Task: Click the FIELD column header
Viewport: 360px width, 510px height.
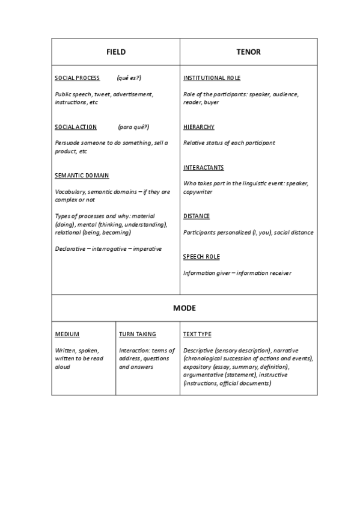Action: (116, 52)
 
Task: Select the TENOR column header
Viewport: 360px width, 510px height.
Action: (248, 52)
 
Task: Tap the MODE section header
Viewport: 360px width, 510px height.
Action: (185, 308)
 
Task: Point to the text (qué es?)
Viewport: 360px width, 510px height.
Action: (129, 78)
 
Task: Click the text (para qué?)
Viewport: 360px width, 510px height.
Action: (133, 127)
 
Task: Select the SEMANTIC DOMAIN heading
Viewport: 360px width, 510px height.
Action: (82, 176)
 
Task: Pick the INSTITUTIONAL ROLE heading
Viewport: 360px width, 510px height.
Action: (212, 78)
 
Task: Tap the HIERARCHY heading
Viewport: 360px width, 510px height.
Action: (198, 127)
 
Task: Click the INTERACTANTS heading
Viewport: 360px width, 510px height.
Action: (203, 167)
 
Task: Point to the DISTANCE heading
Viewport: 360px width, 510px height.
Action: (196, 216)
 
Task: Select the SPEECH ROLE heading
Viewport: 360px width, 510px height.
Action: (201, 257)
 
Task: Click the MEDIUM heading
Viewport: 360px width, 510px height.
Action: (67, 334)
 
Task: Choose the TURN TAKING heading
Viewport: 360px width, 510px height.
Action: (137, 334)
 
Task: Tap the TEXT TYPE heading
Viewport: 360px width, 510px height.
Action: (197, 334)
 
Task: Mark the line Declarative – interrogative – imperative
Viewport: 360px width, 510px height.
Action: (108, 248)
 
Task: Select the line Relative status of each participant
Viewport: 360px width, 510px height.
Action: (229, 143)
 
